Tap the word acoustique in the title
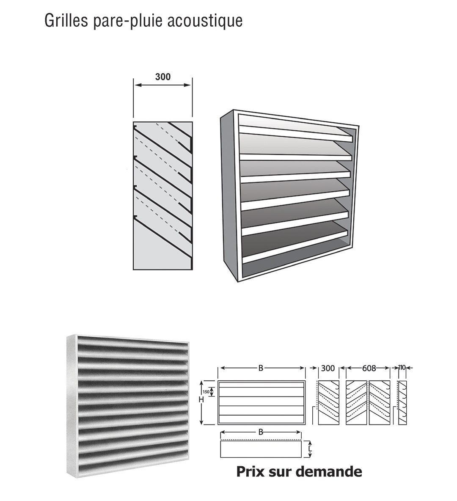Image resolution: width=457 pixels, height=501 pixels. (205, 22)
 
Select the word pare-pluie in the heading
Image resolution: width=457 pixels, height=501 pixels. (128, 22)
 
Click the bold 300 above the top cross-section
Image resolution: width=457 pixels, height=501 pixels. (163, 77)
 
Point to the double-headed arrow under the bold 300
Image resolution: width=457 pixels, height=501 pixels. (163, 85)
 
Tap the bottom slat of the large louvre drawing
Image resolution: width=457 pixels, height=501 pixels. (295, 243)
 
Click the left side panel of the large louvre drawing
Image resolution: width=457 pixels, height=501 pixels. (229, 195)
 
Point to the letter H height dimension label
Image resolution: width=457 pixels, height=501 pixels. (201, 399)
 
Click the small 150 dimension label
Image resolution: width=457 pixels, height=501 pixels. (206, 392)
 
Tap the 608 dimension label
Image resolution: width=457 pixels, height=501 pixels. (369, 369)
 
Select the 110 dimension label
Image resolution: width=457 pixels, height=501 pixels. (402, 368)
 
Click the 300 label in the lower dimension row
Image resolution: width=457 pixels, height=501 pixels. (328, 369)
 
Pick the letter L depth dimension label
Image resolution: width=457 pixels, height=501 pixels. (310, 449)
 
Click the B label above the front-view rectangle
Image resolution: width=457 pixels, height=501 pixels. (261, 369)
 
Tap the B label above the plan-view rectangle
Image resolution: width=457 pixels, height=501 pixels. (261, 432)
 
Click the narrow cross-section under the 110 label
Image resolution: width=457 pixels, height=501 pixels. (403, 402)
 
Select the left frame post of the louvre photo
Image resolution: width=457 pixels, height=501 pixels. (72, 406)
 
